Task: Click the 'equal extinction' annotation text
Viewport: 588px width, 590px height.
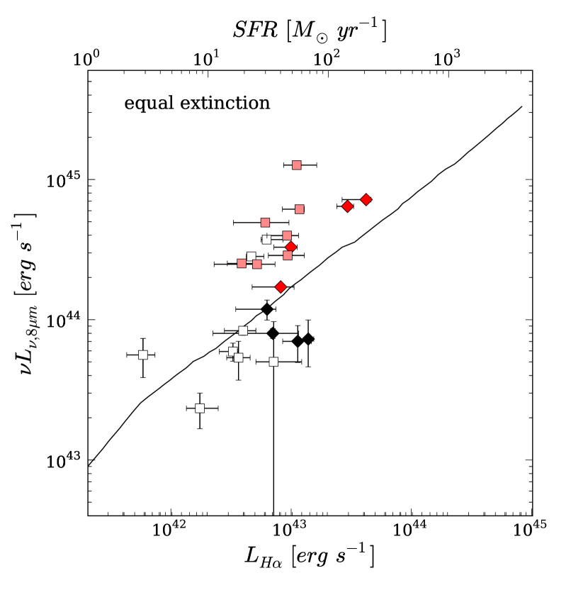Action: (x=197, y=104)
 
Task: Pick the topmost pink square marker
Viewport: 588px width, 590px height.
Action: (x=297, y=165)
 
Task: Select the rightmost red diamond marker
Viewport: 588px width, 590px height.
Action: (x=366, y=199)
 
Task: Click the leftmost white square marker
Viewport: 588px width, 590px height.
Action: (x=142, y=355)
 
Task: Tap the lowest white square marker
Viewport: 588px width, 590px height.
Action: (x=200, y=408)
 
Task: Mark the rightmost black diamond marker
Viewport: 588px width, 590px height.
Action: (x=308, y=339)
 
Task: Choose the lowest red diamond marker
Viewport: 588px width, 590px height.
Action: (x=281, y=287)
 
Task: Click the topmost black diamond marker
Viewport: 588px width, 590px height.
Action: (x=267, y=308)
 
